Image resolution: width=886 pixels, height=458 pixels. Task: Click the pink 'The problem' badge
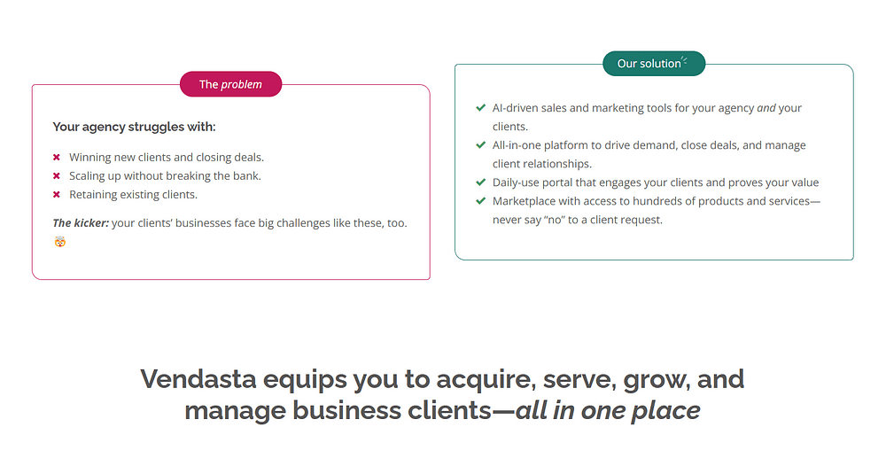(x=230, y=84)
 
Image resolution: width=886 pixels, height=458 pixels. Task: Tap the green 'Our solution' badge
(x=654, y=64)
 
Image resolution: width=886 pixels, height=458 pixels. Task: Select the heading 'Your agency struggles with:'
(x=134, y=127)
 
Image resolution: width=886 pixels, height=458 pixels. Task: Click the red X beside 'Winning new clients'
(x=57, y=157)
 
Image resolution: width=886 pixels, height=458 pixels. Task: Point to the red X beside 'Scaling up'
(x=57, y=175)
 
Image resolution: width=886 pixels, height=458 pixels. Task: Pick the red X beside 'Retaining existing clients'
(x=57, y=194)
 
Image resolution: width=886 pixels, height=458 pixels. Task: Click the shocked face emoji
(x=60, y=242)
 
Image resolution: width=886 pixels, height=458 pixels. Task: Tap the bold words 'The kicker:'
(x=81, y=223)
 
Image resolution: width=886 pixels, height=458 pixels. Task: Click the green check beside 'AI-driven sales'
(x=481, y=107)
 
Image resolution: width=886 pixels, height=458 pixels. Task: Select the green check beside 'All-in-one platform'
(x=481, y=144)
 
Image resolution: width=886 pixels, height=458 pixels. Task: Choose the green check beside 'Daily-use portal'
(x=481, y=182)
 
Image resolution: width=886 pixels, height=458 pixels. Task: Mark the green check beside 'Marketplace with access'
(x=481, y=200)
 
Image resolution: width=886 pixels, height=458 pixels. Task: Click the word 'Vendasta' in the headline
(x=198, y=379)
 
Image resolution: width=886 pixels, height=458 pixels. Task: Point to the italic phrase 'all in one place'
(x=608, y=410)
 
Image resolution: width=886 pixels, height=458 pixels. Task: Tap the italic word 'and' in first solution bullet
(x=766, y=108)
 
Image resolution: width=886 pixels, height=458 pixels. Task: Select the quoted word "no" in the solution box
(x=555, y=220)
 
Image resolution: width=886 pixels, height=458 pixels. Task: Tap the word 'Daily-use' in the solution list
(x=516, y=183)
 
